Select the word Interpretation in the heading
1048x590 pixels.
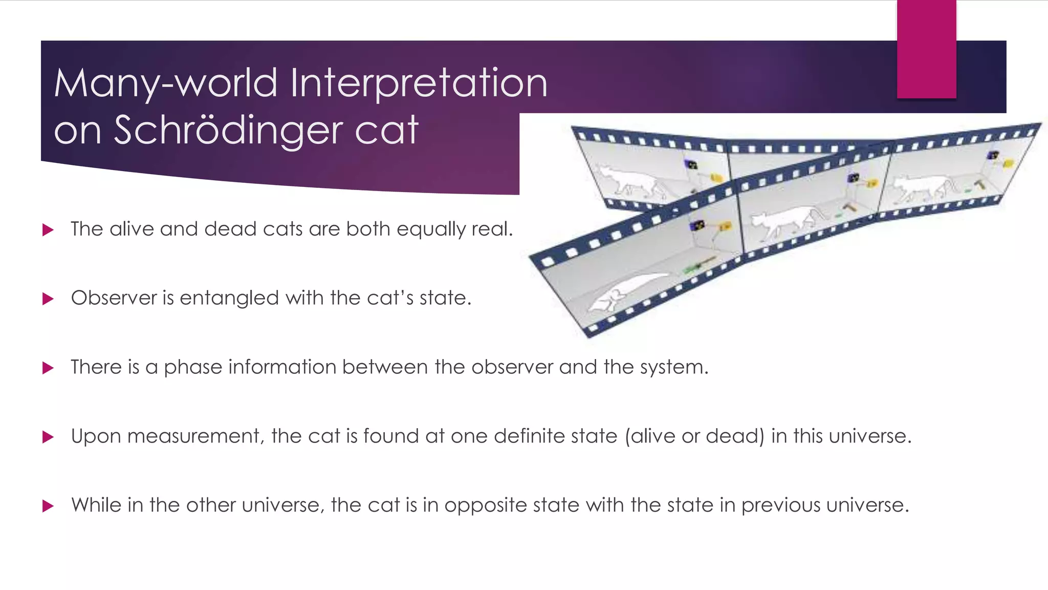tap(419, 83)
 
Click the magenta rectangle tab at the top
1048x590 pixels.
tap(926, 49)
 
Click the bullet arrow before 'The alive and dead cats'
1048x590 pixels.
tap(48, 230)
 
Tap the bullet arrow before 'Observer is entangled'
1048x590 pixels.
tap(48, 299)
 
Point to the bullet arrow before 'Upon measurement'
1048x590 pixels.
tap(48, 437)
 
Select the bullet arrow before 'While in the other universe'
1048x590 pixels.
tap(48, 506)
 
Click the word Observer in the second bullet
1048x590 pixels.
tap(114, 298)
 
